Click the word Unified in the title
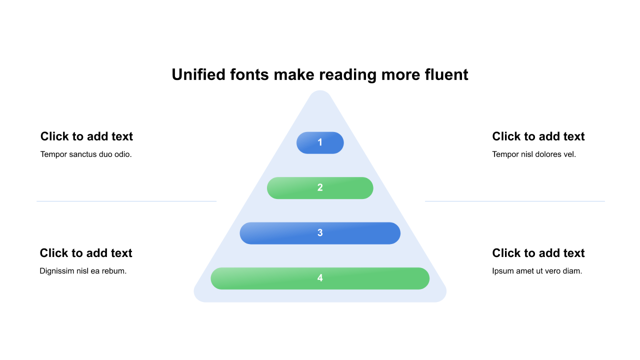pos(198,74)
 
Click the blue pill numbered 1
pos(320,142)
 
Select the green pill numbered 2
pos(320,188)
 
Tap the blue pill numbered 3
pos(320,233)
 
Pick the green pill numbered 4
pos(320,278)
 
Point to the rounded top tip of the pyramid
pos(320,95)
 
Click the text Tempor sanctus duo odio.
pos(86,154)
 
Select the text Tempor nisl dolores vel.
pos(534,154)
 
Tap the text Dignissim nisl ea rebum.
pos(83,271)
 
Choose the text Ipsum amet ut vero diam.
pos(537,271)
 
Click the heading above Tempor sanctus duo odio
pos(86,136)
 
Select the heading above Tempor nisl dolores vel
pos(538,136)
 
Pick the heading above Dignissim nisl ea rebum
pos(86,253)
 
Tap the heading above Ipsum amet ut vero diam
pos(538,253)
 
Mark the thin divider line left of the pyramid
pos(126,201)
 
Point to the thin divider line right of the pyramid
pos(514,201)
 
